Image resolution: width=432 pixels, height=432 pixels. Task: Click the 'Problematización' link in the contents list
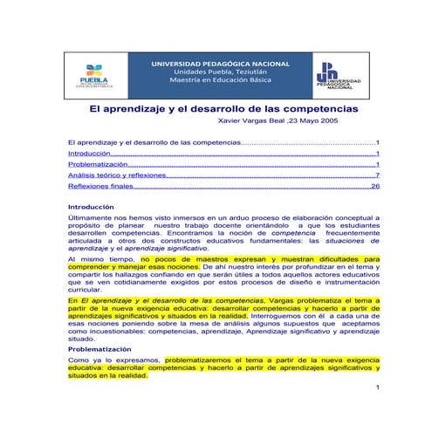(x=97, y=164)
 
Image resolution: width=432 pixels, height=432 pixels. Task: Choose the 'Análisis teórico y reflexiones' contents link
(x=117, y=175)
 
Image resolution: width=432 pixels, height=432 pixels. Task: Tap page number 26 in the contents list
(x=375, y=187)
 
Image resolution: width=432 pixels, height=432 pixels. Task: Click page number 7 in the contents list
(x=377, y=175)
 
